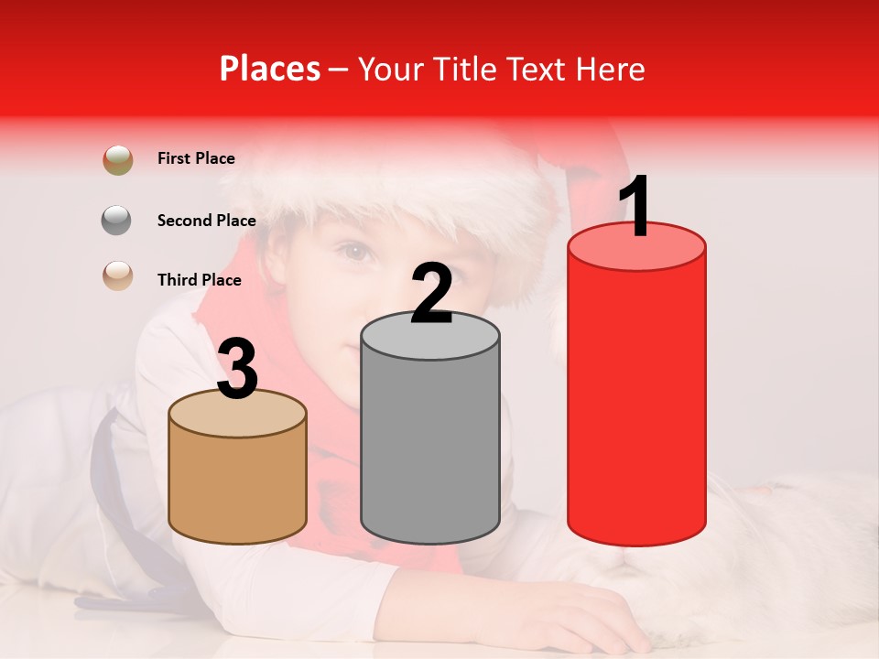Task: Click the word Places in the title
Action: (x=270, y=69)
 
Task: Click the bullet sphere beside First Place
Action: (x=118, y=160)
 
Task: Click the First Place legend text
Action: (x=196, y=158)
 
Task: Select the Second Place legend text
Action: (x=206, y=220)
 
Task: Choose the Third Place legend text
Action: (x=200, y=280)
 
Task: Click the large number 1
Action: (x=635, y=209)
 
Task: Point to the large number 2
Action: (x=431, y=294)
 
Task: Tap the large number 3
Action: (x=238, y=369)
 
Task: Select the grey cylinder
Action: (x=430, y=439)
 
